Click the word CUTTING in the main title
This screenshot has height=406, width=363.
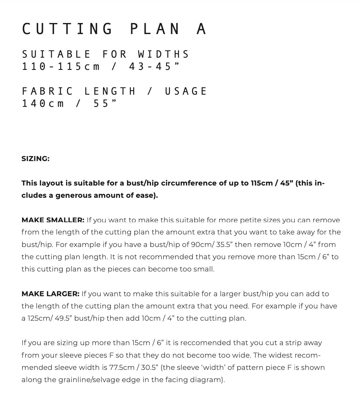[67, 29]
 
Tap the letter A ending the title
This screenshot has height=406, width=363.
[201, 29]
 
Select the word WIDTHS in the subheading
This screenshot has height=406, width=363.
[164, 54]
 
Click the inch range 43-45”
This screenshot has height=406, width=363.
[154, 67]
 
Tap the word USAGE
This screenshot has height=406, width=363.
[186, 91]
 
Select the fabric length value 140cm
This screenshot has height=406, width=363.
[43, 103]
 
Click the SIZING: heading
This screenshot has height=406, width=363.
[35, 159]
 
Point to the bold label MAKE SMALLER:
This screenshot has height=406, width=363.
[53, 220]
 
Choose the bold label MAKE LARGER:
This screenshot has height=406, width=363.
[50, 294]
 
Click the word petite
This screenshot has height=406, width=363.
[250, 220]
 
